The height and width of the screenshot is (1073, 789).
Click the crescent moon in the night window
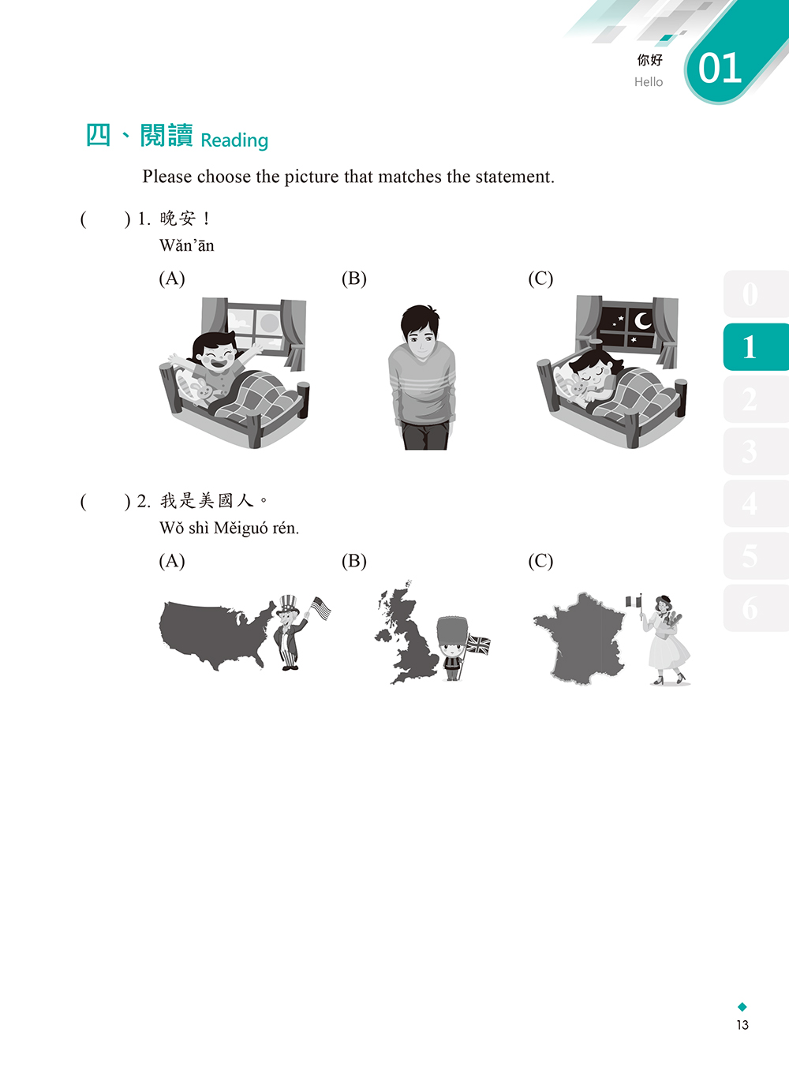(x=641, y=321)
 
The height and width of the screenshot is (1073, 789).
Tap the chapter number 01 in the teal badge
(x=720, y=68)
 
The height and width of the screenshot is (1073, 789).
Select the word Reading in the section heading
(x=234, y=140)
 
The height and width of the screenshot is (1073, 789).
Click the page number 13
(x=742, y=1037)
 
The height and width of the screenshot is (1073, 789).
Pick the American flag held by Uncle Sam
(x=321, y=608)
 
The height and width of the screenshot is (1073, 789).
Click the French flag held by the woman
(x=634, y=601)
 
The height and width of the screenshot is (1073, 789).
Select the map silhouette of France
(x=580, y=638)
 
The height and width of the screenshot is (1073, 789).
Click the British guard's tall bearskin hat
(x=452, y=630)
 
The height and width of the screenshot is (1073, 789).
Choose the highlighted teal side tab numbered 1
(x=755, y=347)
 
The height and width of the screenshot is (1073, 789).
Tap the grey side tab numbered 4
(x=755, y=503)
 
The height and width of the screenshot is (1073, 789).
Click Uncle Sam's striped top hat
(x=287, y=604)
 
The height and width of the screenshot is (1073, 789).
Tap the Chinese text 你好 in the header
(x=649, y=60)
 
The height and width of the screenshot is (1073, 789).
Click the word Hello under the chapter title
(x=649, y=82)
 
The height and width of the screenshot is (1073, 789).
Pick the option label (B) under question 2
(x=354, y=560)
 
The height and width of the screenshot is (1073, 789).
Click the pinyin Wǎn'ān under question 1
(x=187, y=245)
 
